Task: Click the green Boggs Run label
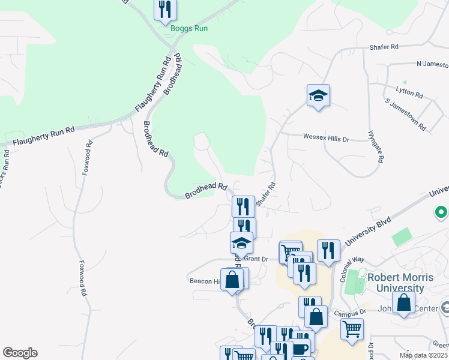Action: pos(188,28)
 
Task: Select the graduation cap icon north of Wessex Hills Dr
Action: pos(318,95)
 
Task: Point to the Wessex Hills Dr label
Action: pos(326,138)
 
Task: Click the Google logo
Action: pos(20,353)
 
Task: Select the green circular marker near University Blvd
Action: pos(442,212)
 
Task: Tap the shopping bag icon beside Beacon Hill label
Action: pos(232,279)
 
